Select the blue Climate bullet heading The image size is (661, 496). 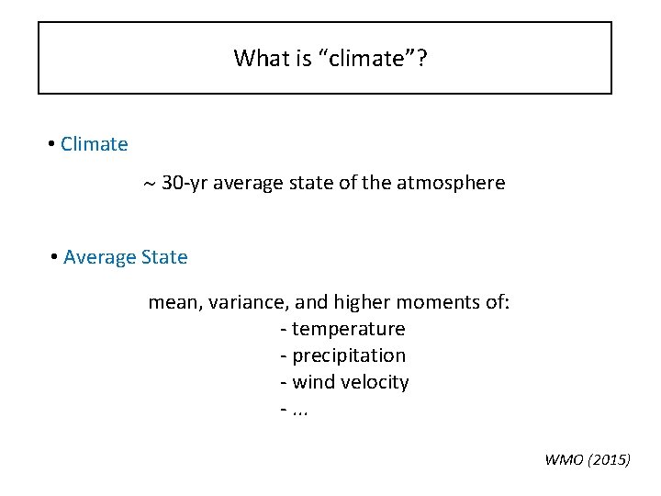[x=94, y=144]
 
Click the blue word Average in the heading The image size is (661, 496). [x=99, y=257]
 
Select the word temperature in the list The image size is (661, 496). [x=348, y=329]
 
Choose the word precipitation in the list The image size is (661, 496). [x=349, y=355]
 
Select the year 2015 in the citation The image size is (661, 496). [x=609, y=460]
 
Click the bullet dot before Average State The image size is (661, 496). [x=55, y=257]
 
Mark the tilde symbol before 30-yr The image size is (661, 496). [x=149, y=184]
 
